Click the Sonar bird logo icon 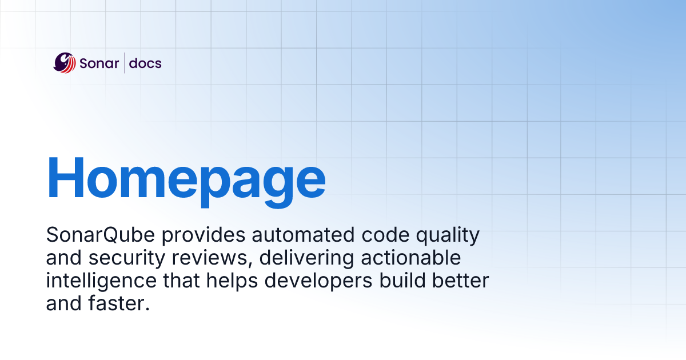tap(65, 63)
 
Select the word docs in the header tap(145, 63)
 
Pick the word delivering tap(306, 258)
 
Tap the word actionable tap(410, 258)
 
